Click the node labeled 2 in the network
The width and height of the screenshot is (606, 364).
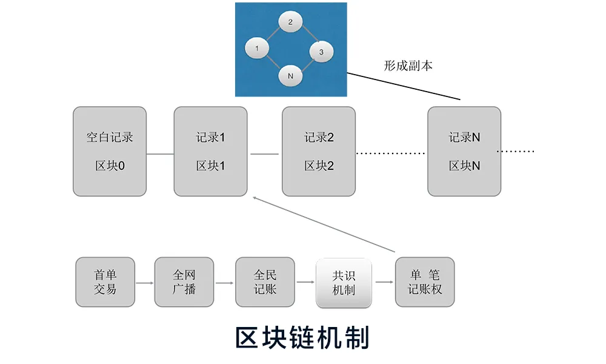tap(291, 22)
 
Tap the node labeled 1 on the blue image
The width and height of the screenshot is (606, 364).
tap(258, 48)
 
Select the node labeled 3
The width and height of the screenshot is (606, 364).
tap(321, 52)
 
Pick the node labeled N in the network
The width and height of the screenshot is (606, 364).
tap(291, 76)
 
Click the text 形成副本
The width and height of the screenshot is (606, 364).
tap(408, 66)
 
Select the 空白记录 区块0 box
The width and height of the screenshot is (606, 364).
tap(110, 152)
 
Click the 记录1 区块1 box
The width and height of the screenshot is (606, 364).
tap(210, 152)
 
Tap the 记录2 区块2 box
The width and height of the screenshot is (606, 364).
tap(319, 152)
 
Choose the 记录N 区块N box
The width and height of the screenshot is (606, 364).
tap(464, 152)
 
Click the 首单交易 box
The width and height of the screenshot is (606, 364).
tap(105, 282)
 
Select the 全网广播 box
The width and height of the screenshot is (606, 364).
tap(184, 282)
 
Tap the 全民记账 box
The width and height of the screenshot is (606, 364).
tap(265, 282)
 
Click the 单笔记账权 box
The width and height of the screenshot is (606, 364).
tap(424, 282)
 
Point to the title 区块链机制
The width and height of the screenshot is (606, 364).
tap(302, 337)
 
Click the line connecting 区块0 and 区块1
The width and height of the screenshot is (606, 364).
tap(160, 153)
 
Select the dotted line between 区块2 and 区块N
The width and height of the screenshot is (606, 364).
tap(391, 153)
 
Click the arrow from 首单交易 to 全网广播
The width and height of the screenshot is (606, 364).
tap(144, 283)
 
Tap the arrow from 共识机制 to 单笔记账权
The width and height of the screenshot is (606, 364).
tap(384, 283)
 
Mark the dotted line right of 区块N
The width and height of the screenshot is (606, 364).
tap(516, 151)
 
